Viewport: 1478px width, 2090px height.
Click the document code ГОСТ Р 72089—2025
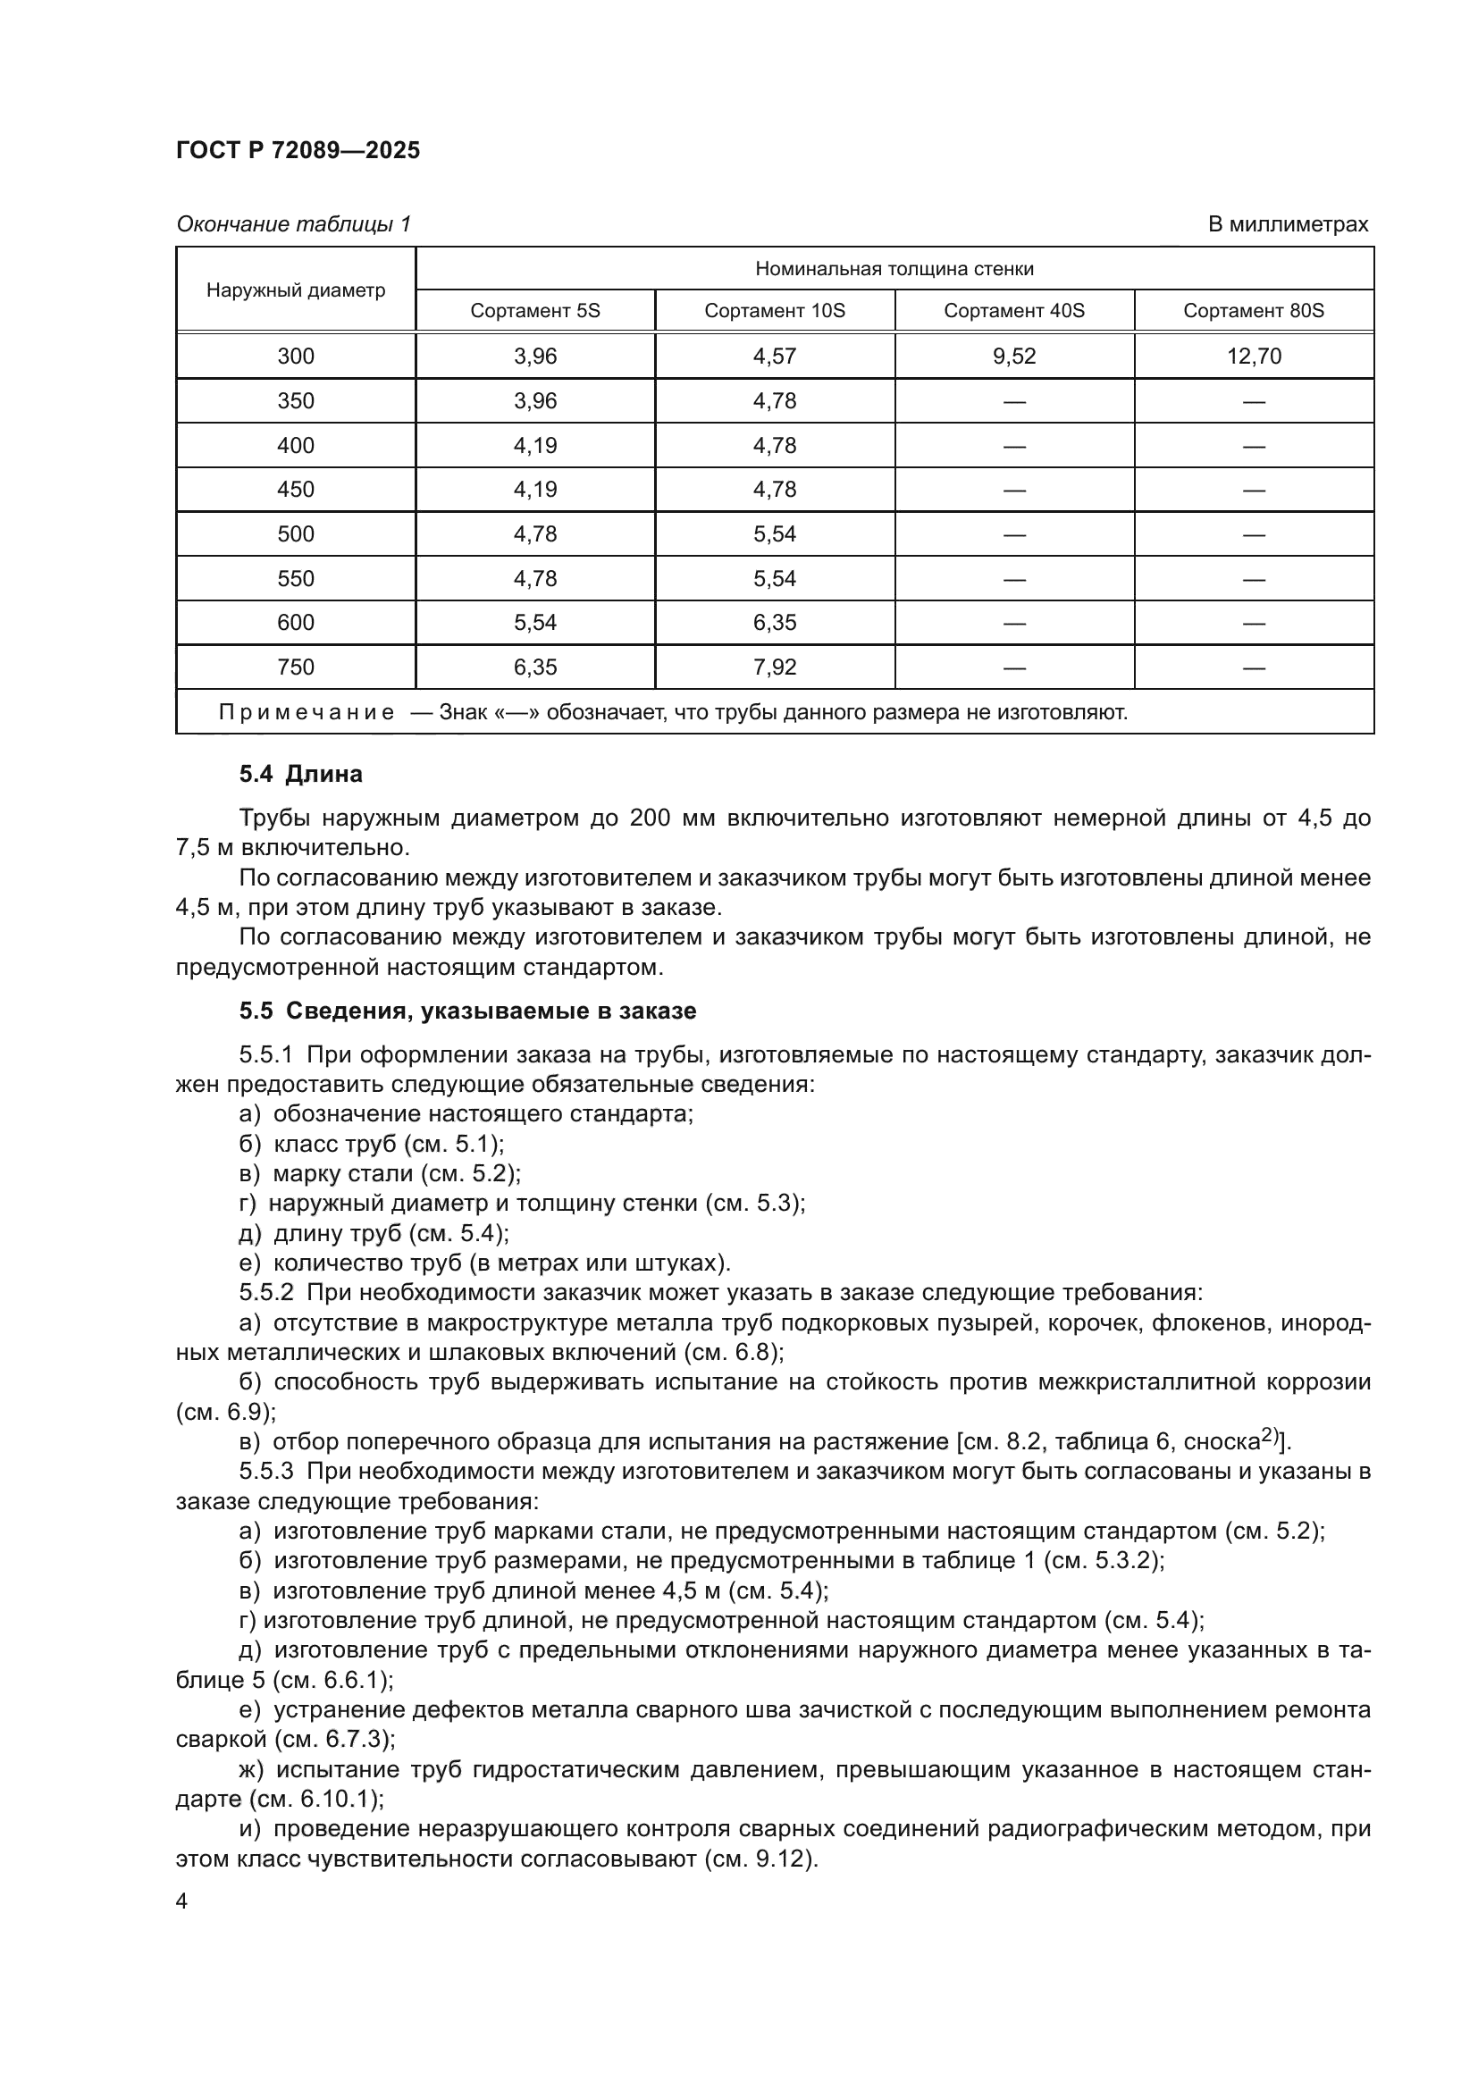pyautogui.click(x=298, y=150)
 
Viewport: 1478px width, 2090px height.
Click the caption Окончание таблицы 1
pyautogui.click(x=293, y=224)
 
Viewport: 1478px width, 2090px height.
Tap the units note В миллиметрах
pyautogui.click(x=1287, y=224)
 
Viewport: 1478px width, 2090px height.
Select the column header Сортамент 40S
pyautogui.click(x=1014, y=310)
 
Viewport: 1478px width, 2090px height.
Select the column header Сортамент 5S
pyautogui.click(x=535, y=310)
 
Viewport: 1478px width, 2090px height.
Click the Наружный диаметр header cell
pyautogui.click(x=296, y=290)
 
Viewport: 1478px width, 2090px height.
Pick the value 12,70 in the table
pyautogui.click(x=1253, y=356)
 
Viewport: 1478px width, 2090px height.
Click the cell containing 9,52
pyautogui.click(x=1014, y=356)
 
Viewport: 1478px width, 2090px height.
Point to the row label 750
pyautogui.click(x=296, y=667)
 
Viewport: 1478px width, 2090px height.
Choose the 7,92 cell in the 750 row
pyautogui.click(x=775, y=667)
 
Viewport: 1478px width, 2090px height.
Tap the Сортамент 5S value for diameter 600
pyautogui.click(x=535, y=623)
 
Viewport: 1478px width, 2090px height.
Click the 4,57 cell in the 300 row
pyautogui.click(x=775, y=356)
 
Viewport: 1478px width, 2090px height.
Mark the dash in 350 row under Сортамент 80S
pyautogui.click(x=1253, y=401)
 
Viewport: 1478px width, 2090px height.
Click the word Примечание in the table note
pyautogui.click(x=307, y=712)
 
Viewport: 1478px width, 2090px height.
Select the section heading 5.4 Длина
pyautogui.click(x=300, y=774)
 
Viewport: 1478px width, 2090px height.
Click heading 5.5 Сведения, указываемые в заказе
pyautogui.click(x=467, y=1011)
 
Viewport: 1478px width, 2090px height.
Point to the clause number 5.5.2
pyautogui.click(x=265, y=1293)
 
